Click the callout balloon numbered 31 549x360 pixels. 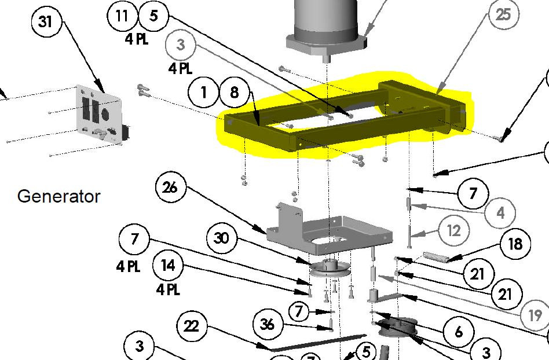[x=47, y=21]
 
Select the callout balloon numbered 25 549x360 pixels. [x=503, y=14]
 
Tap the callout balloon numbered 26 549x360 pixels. [x=170, y=188]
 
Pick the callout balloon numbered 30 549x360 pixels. [x=222, y=238]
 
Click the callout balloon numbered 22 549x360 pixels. [x=192, y=326]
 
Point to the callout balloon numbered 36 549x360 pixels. [x=268, y=324]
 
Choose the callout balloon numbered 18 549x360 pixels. [x=515, y=244]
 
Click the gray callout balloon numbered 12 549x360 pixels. [x=453, y=231]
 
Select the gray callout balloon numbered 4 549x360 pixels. [x=500, y=212]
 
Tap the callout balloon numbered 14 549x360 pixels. [x=168, y=266]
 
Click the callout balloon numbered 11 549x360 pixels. [x=122, y=16]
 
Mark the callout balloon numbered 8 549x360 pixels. [x=235, y=93]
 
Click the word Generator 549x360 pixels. [x=59, y=196]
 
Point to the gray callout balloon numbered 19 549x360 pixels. [x=535, y=315]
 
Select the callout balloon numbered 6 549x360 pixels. [x=459, y=331]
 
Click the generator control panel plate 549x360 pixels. [x=99, y=114]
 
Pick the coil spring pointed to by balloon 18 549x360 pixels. [x=436, y=257]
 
